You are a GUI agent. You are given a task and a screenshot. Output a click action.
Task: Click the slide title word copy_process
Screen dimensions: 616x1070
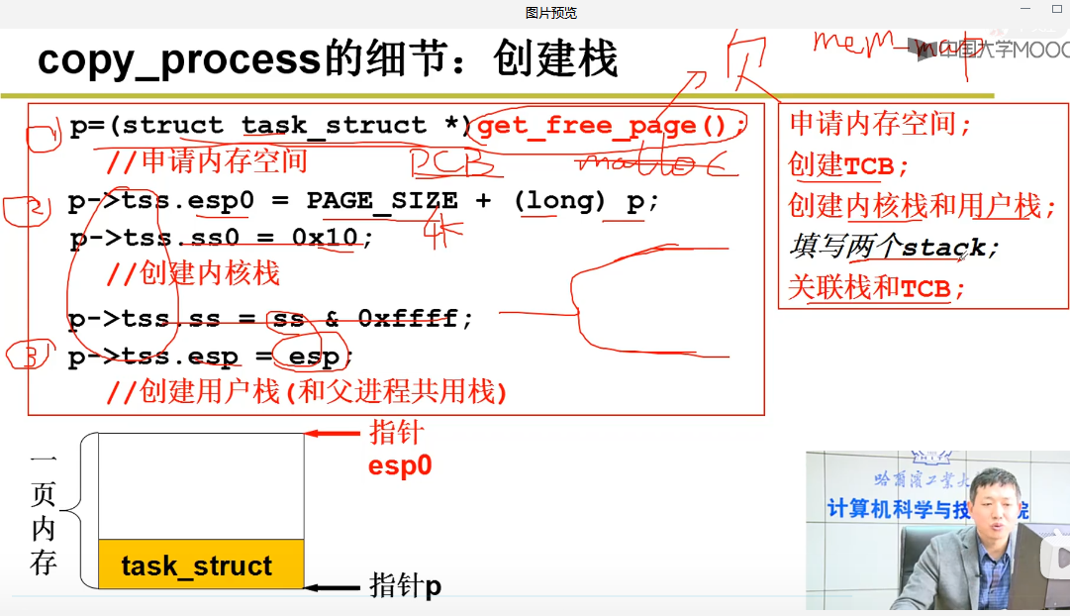[x=179, y=59]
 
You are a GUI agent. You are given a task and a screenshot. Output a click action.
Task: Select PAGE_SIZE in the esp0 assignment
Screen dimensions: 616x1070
[x=382, y=201]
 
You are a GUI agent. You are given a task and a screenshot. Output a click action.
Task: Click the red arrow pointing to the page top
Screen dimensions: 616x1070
[x=332, y=433]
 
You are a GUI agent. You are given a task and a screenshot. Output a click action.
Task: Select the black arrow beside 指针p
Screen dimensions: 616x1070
[x=333, y=587]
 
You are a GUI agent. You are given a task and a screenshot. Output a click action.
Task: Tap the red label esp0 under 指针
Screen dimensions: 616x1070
[x=400, y=465]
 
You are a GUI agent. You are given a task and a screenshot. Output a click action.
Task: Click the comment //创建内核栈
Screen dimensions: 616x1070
[x=193, y=273]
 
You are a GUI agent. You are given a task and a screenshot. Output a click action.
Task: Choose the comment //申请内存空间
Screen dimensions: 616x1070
[x=207, y=161]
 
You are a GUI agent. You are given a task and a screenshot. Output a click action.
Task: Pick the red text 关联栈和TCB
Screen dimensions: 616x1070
[x=876, y=288]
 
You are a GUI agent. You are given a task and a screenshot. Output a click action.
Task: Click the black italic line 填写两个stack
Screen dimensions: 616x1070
[x=894, y=247]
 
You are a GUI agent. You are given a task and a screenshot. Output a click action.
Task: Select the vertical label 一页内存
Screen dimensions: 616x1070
[x=43, y=514]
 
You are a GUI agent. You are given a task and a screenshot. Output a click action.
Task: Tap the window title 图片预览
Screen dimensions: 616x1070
[x=551, y=13]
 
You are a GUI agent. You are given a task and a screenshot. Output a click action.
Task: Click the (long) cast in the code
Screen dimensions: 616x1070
[x=559, y=201]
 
